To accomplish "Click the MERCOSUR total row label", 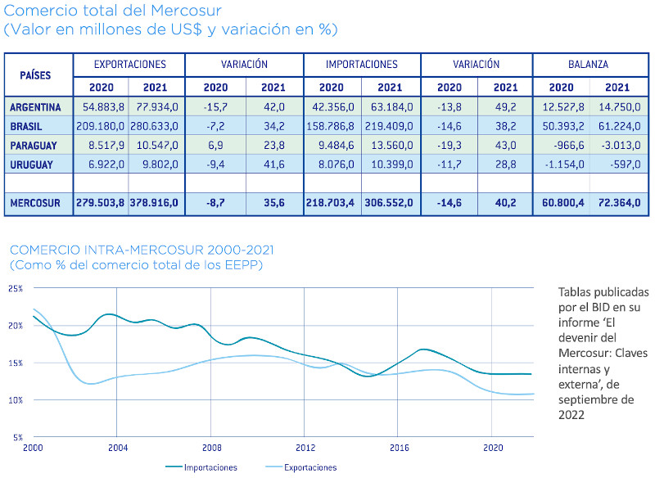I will click(37, 202).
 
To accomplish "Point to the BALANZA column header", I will click(589, 64).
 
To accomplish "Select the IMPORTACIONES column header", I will click(361, 64).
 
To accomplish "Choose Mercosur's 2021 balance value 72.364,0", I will click(617, 202).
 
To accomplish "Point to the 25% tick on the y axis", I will click(16, 289).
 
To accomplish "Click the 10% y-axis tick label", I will click(16, 399).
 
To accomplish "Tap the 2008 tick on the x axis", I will click(211, 448).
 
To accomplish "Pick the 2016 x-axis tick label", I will click(399, 448).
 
